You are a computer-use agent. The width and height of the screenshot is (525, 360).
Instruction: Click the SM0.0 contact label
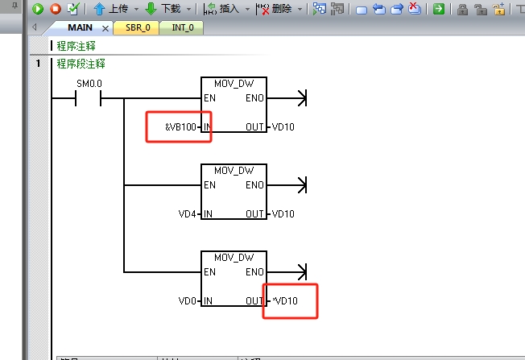(89, 84)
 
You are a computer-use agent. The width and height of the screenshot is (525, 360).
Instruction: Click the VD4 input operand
(187, 213)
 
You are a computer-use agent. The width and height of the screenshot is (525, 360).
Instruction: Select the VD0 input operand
(187, 300)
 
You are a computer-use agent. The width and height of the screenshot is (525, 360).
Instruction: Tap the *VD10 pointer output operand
(285, 300)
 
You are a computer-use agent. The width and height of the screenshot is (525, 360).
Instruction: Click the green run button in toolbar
(37, 9)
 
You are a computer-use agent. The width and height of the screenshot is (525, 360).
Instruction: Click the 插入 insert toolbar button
(223, 9)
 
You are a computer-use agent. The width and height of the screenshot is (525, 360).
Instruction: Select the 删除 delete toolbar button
(275, 9)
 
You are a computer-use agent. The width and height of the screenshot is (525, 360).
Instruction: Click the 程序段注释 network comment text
(81, 64)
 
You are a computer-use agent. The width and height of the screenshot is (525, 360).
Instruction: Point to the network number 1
(37, 64)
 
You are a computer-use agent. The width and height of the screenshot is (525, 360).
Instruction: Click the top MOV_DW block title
(234, 84)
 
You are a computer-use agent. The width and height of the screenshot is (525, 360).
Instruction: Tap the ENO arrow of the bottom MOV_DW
(302, 272)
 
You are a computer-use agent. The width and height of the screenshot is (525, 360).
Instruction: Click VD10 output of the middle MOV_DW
(283, 213)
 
